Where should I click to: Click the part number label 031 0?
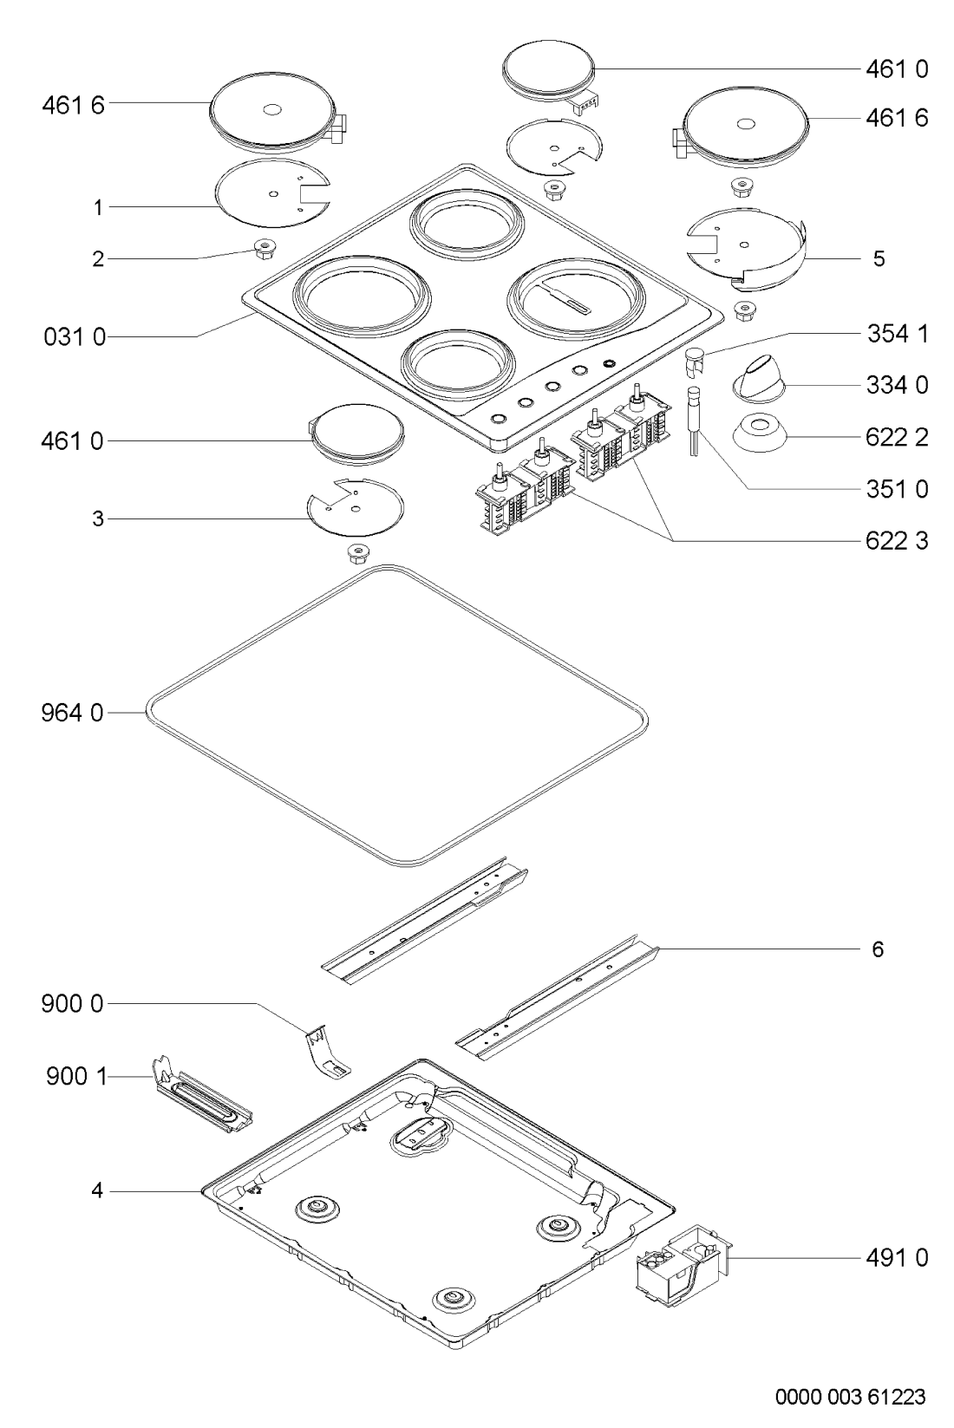coord(74,338)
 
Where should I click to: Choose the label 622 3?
coord(897,541)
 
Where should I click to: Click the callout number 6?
coord(878,949)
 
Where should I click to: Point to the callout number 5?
coord(879,259)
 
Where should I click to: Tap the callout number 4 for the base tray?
coord(98,1192)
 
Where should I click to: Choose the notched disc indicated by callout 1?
coord(271,194)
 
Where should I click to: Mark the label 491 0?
coord(897,1257)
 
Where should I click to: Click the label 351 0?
coord(897,490)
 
